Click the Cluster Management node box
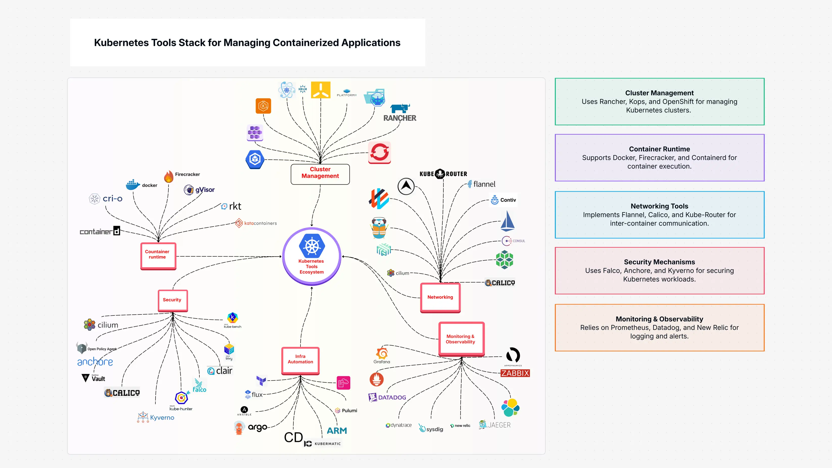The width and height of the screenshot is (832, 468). point(320,174)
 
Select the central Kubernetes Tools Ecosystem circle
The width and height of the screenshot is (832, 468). point(312,256)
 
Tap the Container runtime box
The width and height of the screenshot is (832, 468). point(158,256)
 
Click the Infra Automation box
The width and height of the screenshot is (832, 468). point(300,360)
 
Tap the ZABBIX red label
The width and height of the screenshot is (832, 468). point(515,373)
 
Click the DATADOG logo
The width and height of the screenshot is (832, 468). point(387,397)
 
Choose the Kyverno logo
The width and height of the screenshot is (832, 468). point(156,417)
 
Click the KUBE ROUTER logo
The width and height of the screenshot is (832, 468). point(443,174)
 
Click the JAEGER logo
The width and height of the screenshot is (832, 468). point(495,425)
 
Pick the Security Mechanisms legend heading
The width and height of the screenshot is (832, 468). point(659,262)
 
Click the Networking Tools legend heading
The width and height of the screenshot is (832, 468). point(659,206)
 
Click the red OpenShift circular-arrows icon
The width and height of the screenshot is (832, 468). point(380,152)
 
